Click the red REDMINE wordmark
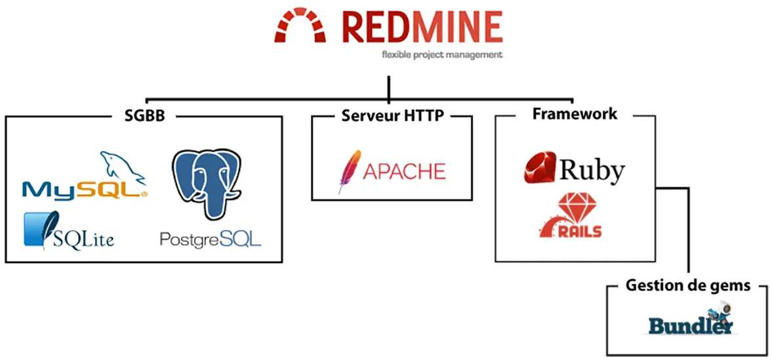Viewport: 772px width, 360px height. tap(421, 26)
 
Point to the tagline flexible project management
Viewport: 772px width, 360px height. tap(442, 55)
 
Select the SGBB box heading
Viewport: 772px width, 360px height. tap(144, 116)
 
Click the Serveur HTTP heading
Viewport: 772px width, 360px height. tap(393, 116)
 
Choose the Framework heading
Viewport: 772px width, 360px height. tap(575, 113)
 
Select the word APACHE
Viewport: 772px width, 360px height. tap(404, 172)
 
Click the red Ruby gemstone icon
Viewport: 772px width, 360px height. tap(540, 168)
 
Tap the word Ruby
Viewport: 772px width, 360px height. tap(592, 170)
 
